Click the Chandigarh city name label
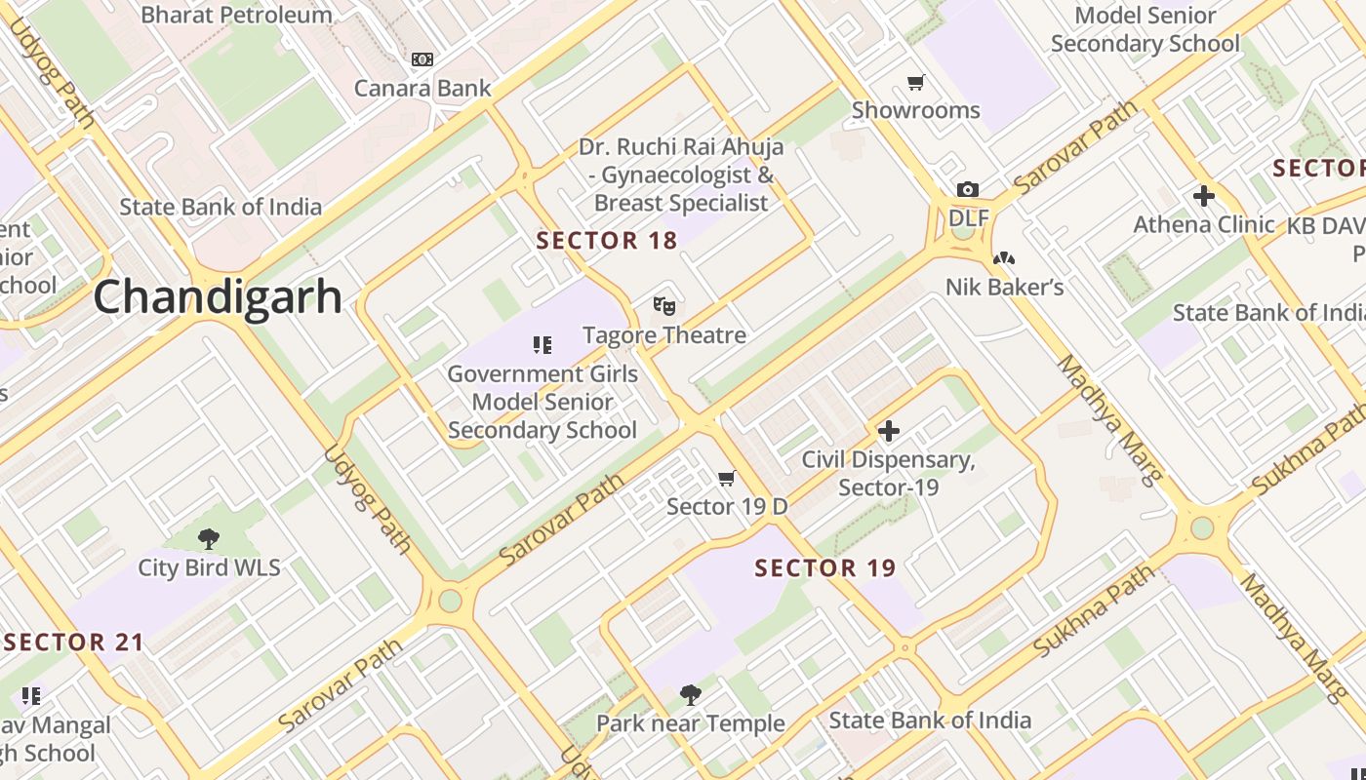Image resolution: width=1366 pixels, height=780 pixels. click(x=218, y=297)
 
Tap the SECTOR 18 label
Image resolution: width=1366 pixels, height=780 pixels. click(x=606, y=241)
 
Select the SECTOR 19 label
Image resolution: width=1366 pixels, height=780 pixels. click(x=824, y=568)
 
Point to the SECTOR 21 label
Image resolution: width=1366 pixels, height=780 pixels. click(x=74, y=643)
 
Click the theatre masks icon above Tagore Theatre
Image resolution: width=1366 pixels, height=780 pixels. click(x=663, y=306)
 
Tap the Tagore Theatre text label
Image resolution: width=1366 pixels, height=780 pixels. click(x=663, y=335)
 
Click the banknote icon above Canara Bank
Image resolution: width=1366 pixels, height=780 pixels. click(x=422, y=59)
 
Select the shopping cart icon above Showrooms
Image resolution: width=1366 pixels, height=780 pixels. click(x=915, y=82)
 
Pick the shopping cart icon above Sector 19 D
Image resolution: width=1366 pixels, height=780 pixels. click(x=726, y=478)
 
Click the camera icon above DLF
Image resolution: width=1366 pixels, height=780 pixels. click(x=967, y=189)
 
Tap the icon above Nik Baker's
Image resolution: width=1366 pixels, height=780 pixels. click(x=1003, y=258)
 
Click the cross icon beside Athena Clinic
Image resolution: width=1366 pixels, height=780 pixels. click(x=1203, y=196)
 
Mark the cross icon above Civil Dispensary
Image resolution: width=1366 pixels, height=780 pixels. click(x=888, y=430)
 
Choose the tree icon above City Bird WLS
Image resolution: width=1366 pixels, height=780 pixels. click(x=208, y=538)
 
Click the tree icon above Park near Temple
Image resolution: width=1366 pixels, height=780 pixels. click(x=690, y=694)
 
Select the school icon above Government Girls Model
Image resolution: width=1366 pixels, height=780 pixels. click(x=542, y=344)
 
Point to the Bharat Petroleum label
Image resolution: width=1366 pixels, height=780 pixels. click(x=236, y=15)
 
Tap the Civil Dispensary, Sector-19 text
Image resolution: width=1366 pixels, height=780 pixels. click(x=887, y=473)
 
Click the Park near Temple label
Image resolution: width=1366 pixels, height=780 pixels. click(x=690, y=723)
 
